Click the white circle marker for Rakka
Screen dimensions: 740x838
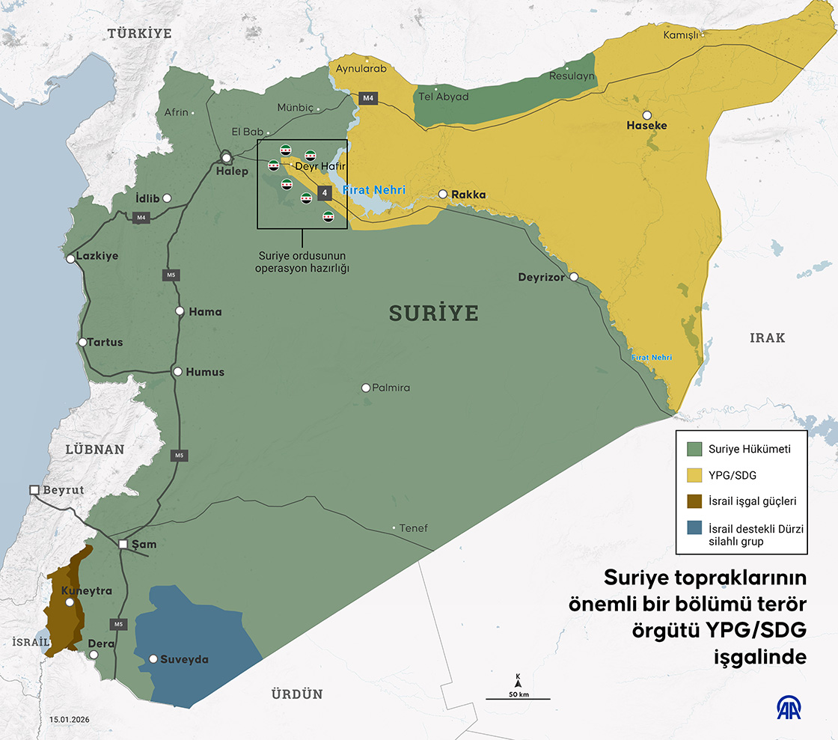443,194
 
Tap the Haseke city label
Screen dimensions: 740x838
646,126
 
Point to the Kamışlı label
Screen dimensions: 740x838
680,35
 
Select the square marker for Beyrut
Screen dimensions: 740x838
34,489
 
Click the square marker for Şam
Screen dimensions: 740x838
123,544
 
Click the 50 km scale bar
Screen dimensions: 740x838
518,698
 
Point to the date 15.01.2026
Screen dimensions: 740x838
70,720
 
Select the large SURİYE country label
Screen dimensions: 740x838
433,313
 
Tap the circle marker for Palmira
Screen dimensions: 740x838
366,388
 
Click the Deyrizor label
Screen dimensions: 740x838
542,278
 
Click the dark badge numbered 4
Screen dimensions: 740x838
324,193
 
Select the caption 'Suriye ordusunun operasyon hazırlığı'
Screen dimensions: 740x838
302,263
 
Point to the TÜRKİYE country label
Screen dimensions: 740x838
139,34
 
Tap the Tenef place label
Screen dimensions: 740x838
413,528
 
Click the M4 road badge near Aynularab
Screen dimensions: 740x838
367,98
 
